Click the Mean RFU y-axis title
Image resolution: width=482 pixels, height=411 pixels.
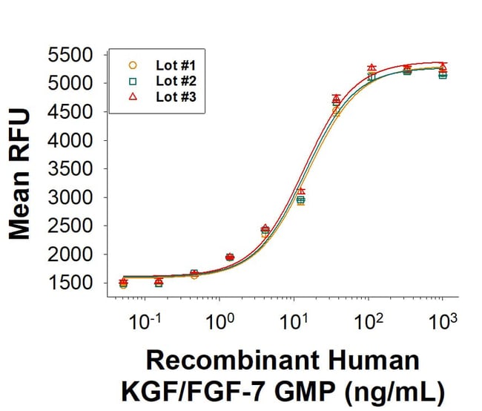pos(21,174)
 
